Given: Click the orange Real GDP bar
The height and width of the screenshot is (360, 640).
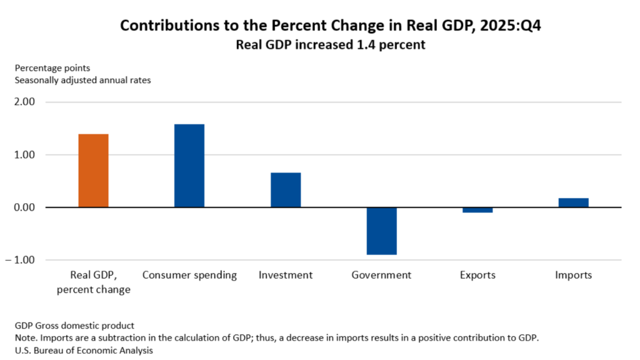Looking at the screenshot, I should (x=94, y=171).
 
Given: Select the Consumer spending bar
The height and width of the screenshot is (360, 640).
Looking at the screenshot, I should (x=189, y=166).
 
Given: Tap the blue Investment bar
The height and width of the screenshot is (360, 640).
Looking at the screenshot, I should (x=286, y=190).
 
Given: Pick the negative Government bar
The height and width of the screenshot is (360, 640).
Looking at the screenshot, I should (x=382, y=231).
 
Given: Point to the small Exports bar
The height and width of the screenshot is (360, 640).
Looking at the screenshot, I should (x=477, y=210).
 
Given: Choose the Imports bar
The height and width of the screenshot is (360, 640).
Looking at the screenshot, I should (x=573, y=202).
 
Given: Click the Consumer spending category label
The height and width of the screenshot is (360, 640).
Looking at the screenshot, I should (x=189, y=275).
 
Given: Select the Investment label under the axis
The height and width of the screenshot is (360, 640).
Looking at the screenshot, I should (x=286, y=275).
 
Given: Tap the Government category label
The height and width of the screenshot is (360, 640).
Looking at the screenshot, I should (x=381, y=275).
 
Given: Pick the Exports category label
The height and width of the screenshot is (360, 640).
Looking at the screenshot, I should (x=477, y=275).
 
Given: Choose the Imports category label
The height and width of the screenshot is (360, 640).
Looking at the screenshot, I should (x=573, y=275).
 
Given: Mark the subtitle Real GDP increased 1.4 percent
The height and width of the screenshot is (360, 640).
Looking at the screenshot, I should (x=330, y=44).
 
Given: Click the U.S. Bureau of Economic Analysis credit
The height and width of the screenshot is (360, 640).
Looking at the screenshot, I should (x=84, y=351).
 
